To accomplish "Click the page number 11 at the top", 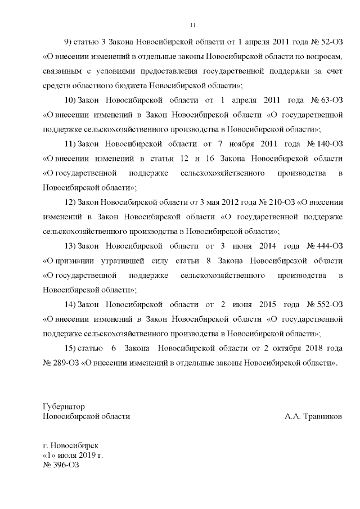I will pos(193,25).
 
